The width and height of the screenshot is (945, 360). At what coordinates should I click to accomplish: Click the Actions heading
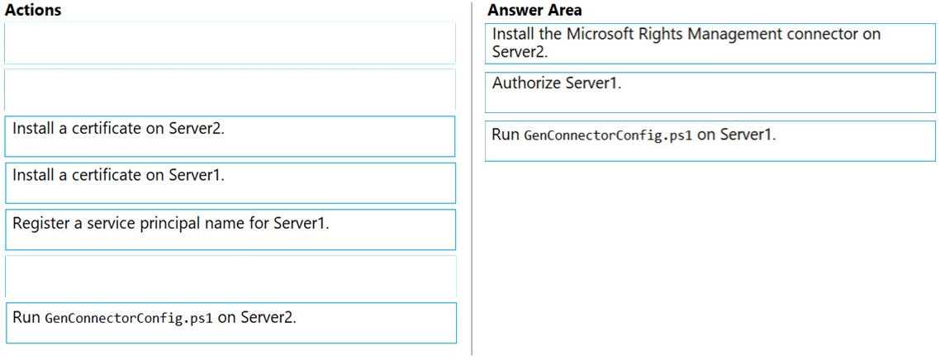pyautogui.click(x=32, y=10)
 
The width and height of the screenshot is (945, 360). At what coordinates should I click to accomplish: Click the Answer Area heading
pyautogui.click(x=534, y=10)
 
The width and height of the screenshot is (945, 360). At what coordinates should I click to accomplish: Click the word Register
pyautogui.click(x=37, y=225)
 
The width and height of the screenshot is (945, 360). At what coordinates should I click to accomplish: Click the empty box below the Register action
pyautogui.click(x=230, y=277)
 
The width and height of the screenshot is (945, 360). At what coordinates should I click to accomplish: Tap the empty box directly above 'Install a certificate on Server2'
pyautogui.click(x=230, y=89)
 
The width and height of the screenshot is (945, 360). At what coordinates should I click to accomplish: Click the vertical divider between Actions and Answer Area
pyautogui.click(x=472, y=180)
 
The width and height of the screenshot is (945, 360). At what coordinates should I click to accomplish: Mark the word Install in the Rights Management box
pyautogui.click(x=510, y=34)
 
